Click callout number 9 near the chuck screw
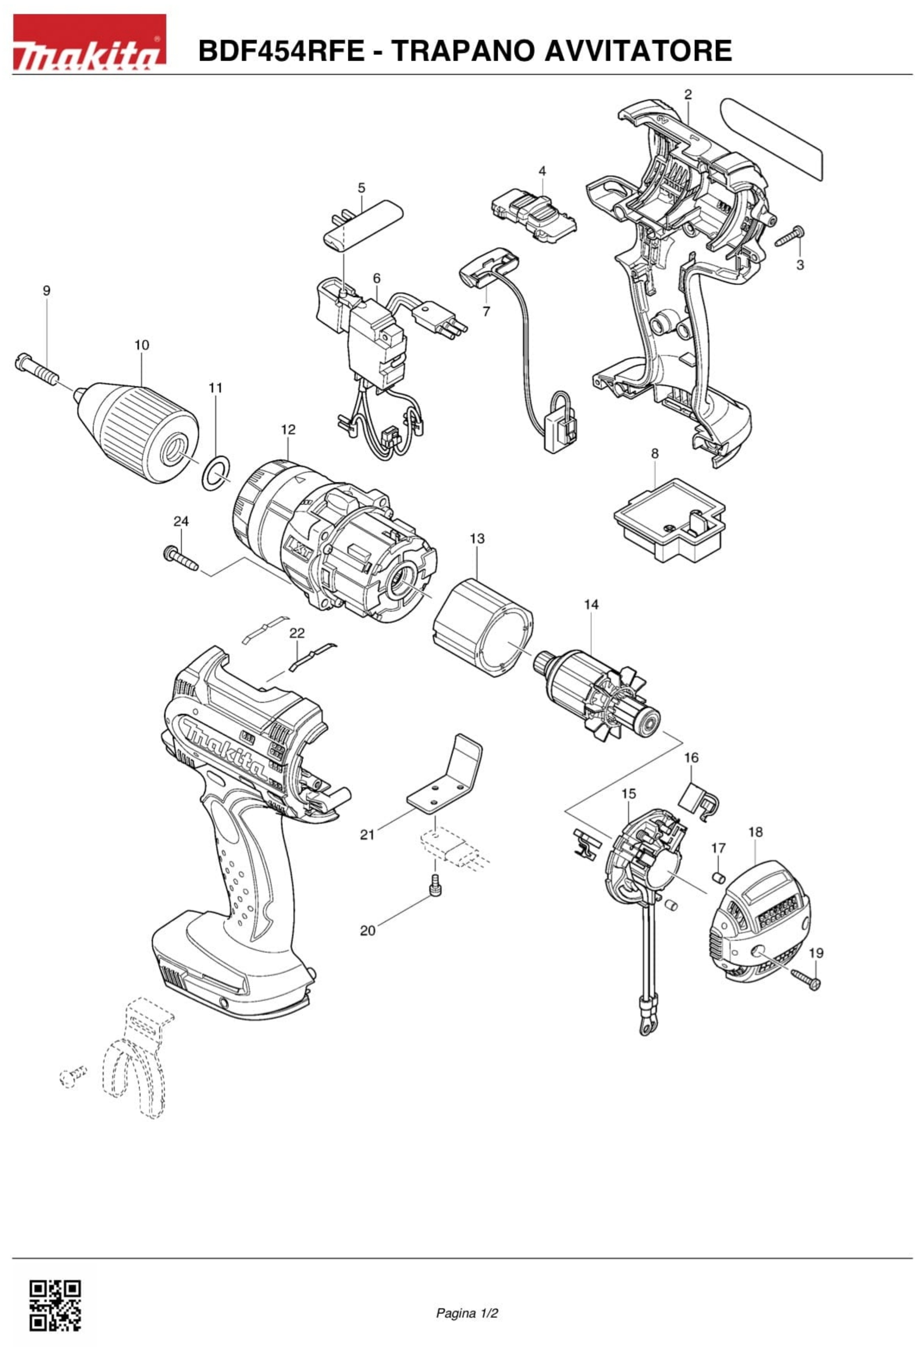click(x=46, y=291)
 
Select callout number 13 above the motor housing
click(x=477, y=539)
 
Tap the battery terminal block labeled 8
click(x=669, y=520)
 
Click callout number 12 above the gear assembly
click(x=288, y=429)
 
